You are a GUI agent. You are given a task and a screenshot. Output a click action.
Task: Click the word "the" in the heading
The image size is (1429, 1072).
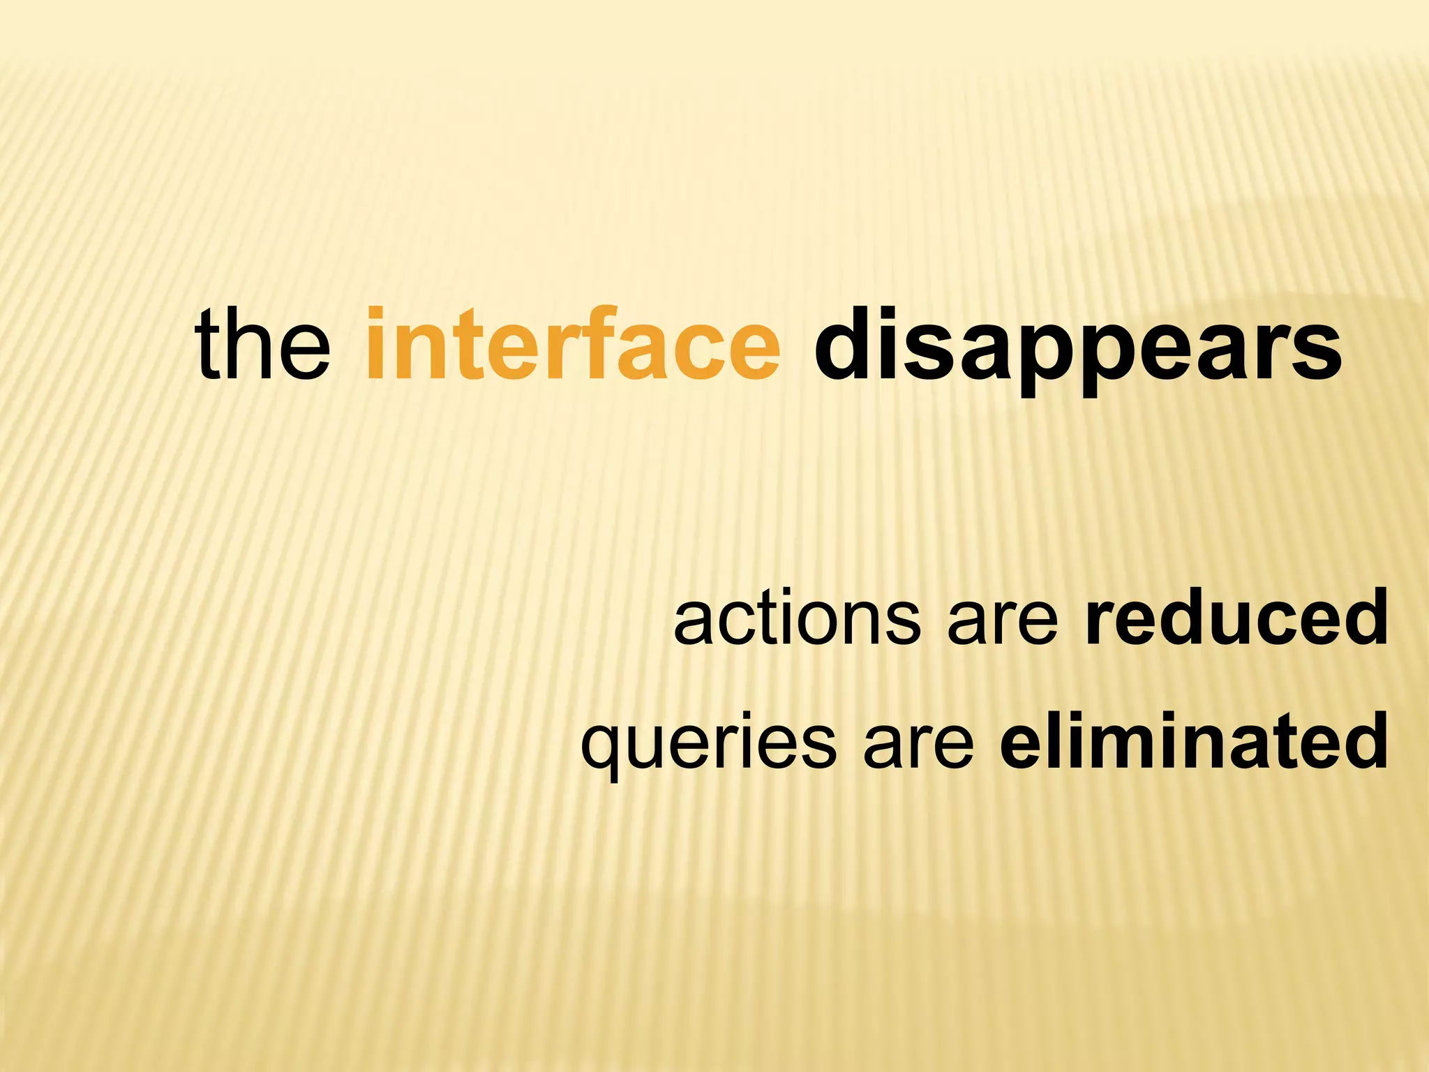263,345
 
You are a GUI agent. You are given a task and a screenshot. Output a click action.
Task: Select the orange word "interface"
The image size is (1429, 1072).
572,345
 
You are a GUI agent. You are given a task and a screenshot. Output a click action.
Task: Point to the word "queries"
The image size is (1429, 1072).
708,744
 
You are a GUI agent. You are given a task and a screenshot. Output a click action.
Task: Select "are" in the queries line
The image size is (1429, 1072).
918,744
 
